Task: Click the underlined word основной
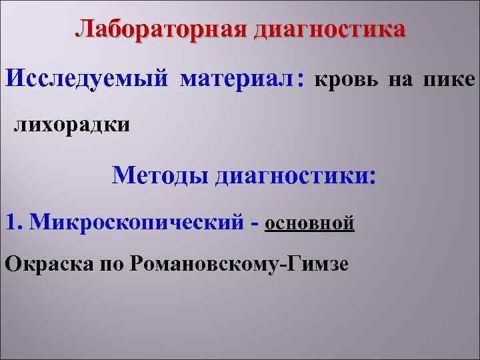pyautogui.click(x=309, y=222)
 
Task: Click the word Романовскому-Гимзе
pyautogui.click(x=239, y=263)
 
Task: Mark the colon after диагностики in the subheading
pyautogui.click(x=371, y=178)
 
